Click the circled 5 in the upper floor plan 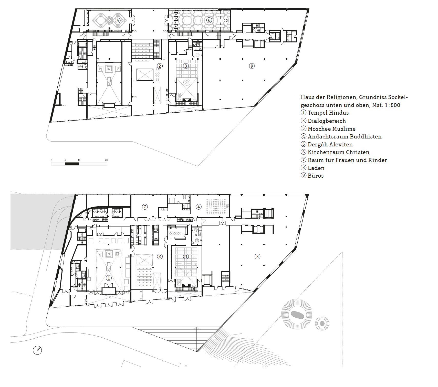(x=118, y=20)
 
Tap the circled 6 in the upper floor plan (x=209, y=20)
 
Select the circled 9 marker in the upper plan (x=252, y=66)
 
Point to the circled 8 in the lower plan (x=257, y=256)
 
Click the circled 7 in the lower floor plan (x=145, y=207)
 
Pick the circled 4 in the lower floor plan (x=199, y=207)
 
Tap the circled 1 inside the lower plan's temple (x=109, y=278)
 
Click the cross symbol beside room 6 (x=226, y=20)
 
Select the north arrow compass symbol (x=37, y=350)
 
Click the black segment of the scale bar (x=72, y=164)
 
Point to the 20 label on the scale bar (x=106, y=160)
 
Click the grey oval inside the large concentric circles (x=297, y=315)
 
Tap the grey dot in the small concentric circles (x=322, y=324)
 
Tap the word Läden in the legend (x=316, y=168)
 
